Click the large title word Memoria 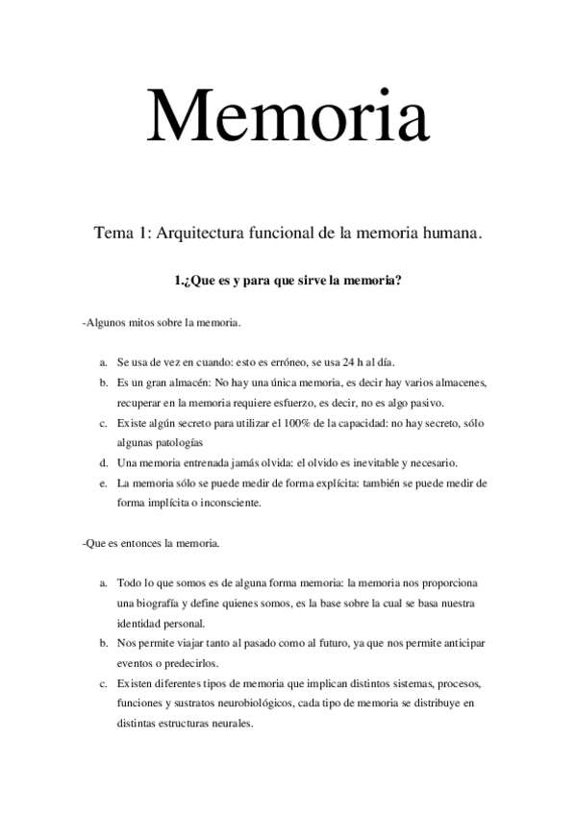click(287, 115)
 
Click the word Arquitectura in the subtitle click(199, 234)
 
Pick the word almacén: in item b click(188, 383)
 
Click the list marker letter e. click(102, 482)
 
